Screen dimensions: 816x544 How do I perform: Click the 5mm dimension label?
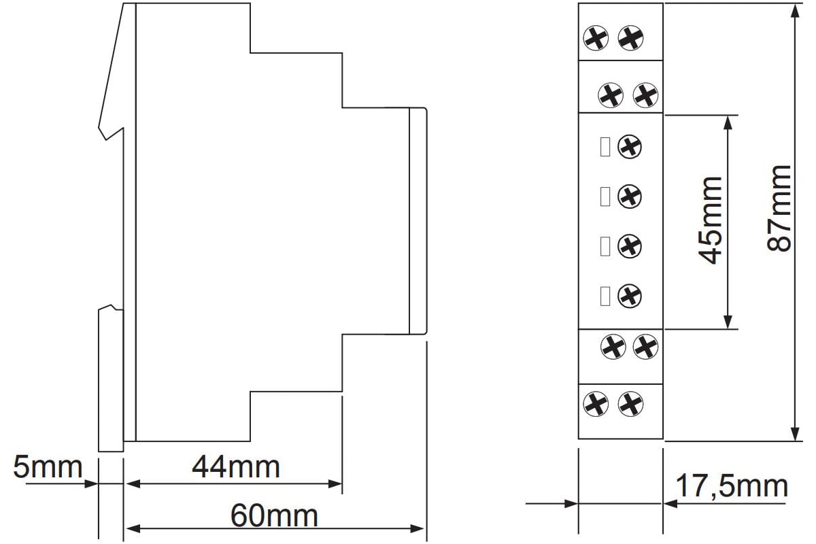click(48, 467)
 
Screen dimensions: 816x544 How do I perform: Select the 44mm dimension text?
click(236, 467)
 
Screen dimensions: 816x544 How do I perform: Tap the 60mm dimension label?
click(274, 516)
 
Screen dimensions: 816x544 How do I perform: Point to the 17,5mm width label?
click(732, 486)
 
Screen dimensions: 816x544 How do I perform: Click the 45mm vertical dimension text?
click(711, 221)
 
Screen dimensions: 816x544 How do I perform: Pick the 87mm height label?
click(779, 208)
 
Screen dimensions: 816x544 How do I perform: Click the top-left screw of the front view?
click(596, 38)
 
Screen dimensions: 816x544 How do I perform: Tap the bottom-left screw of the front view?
click(596, 404)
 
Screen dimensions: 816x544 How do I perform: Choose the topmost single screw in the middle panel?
click(630, 147)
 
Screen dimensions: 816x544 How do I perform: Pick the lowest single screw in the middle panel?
click(630, 296)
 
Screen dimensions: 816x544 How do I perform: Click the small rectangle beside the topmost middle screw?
click(605, 147)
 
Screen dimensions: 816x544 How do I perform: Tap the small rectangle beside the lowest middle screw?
click(605, 296)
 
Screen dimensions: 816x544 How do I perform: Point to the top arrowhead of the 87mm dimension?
click(795, 12)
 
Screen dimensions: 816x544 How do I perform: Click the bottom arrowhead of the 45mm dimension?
click(728, 322)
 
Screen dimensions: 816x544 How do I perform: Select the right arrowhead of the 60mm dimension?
click(418, 528)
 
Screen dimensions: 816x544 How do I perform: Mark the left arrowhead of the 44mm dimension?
click(133, 484)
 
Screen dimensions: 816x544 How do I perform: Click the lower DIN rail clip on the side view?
click(111, 379)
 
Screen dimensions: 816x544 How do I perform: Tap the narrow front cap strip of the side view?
click(418, 221)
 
